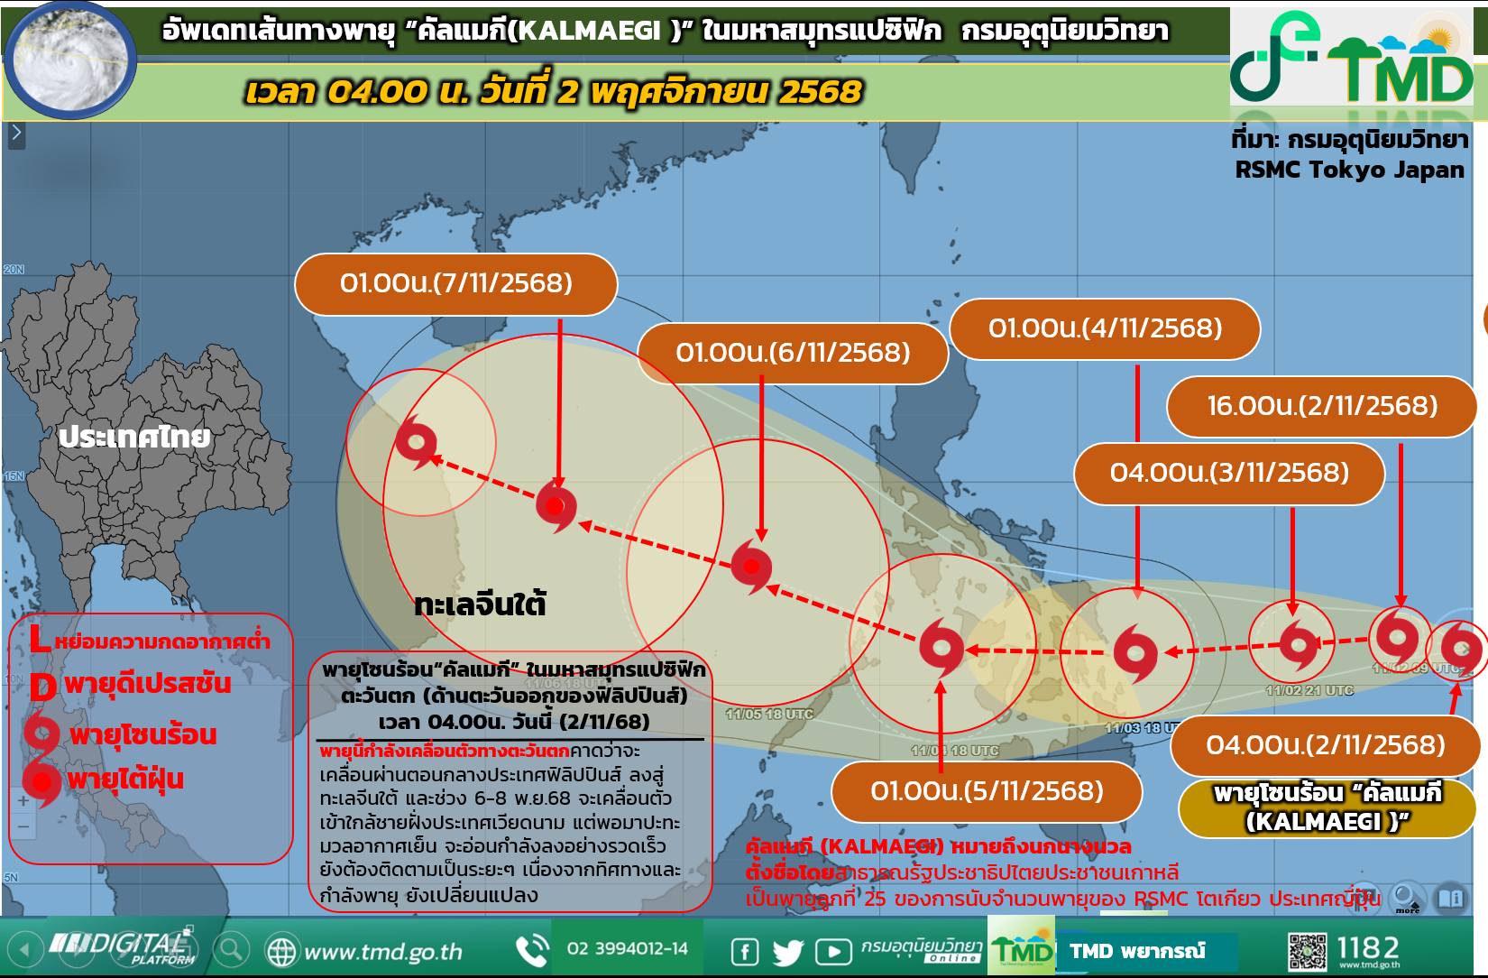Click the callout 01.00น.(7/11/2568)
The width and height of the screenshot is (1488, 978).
point(455,284)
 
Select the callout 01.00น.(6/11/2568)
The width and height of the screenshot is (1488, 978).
point(793,353)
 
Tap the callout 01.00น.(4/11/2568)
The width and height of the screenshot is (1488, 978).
point(1105,328)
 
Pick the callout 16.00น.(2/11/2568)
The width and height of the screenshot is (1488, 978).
point(1321,406)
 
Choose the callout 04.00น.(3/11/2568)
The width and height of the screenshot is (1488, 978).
point(1229,473)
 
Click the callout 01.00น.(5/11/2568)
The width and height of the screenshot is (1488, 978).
point(987,791)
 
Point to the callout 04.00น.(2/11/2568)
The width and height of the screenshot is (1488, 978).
point(1325,745)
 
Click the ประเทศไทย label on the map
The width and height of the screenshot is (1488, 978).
point(134,438)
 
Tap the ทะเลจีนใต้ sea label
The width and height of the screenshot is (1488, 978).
point(480,604)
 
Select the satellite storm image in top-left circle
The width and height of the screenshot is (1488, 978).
point(71,58)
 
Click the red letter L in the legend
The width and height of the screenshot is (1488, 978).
point(39,640)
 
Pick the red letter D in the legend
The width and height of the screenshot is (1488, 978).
point(42,687)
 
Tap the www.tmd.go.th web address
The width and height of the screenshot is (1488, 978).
point(382,952)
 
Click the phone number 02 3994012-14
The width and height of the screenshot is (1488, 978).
point(627,949)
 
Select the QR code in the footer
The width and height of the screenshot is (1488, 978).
point(1307,952)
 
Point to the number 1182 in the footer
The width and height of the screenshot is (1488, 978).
point(1368,947)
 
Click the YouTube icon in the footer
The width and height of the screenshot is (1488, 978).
point(833,952)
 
